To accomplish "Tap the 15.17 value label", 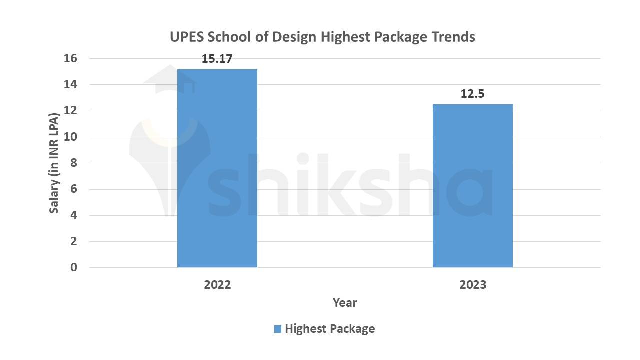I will click(217, 59).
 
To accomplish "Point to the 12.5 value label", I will click(472, 94).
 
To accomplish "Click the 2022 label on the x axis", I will click(217, 285).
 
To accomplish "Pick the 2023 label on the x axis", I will click(472, 285).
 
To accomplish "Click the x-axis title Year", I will click(345, 303).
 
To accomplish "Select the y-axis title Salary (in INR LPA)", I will click(54, 163).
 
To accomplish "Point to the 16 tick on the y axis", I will click(70, 59).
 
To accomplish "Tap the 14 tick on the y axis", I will click(70, 85).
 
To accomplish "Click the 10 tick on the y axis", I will click(70, 137).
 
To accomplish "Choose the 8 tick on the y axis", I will click(73, 163).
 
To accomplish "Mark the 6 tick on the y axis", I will click(73, 189).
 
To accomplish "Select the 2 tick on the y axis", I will click(73, 241).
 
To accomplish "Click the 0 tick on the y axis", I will click(73, 267).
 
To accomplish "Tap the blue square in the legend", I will click(277, 329).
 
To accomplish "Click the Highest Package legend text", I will click(330, 329).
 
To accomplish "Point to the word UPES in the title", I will click(187, 37).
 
